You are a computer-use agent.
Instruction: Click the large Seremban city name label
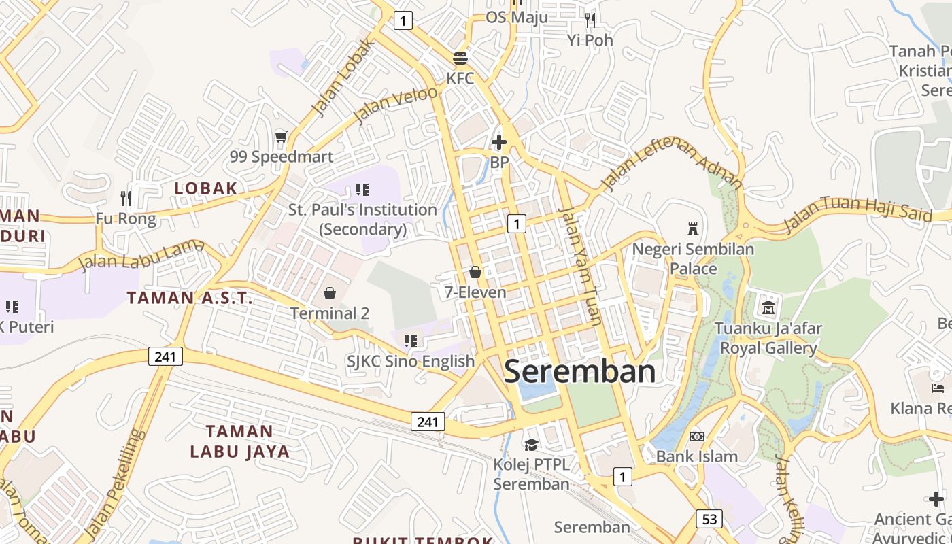click(x=580, y=372)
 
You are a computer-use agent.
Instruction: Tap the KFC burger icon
click(x=460, y=58)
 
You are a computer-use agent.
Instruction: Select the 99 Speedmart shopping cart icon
click(x=281, y=137)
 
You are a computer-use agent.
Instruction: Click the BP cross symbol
click(x=499, y=142)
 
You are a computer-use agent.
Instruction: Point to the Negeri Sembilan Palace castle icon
click(x=693, y=228)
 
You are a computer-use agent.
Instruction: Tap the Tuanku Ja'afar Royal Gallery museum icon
click(x=768, y=307)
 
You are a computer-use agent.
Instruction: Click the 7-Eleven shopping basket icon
click(x=475, y=272)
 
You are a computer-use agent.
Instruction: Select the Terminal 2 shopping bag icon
click(x=330, y=293)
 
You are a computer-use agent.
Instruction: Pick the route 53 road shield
click(x=709, y=519)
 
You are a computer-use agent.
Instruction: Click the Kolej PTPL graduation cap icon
click(x=531, y=444)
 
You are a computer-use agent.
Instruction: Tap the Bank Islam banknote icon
click(x=697, y=436)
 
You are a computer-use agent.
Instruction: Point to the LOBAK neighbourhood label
click(x=205, y=188)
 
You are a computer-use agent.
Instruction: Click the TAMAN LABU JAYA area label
click(x=239, y=441)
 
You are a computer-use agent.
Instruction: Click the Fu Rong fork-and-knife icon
click(x=126, y=198)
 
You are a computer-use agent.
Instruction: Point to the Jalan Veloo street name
click(x=396, y=104)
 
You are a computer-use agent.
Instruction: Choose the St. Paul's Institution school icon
click(x=362, y=189)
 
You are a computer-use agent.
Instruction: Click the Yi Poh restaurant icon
click(x=590, y=20)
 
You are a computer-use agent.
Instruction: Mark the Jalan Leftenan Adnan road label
click(x=672, y=163)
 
